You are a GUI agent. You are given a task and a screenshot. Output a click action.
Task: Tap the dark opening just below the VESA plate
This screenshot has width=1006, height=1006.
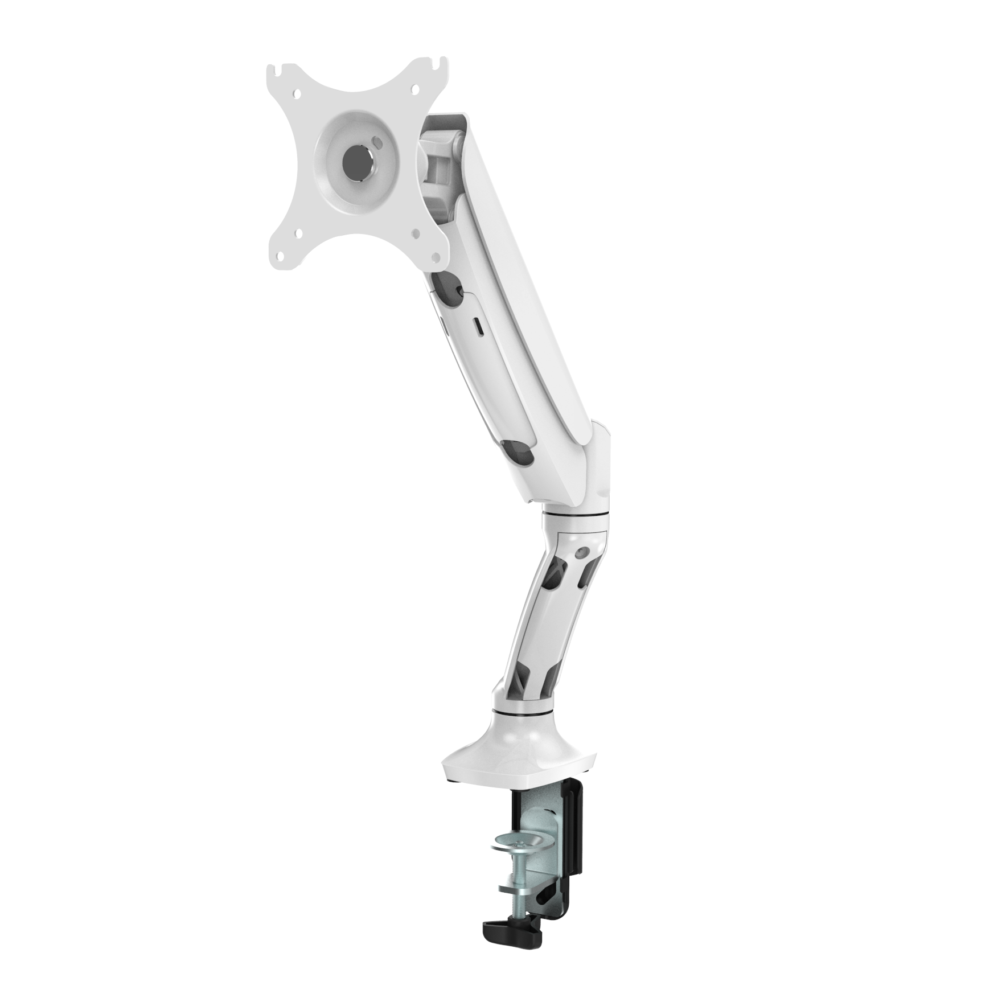448,284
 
